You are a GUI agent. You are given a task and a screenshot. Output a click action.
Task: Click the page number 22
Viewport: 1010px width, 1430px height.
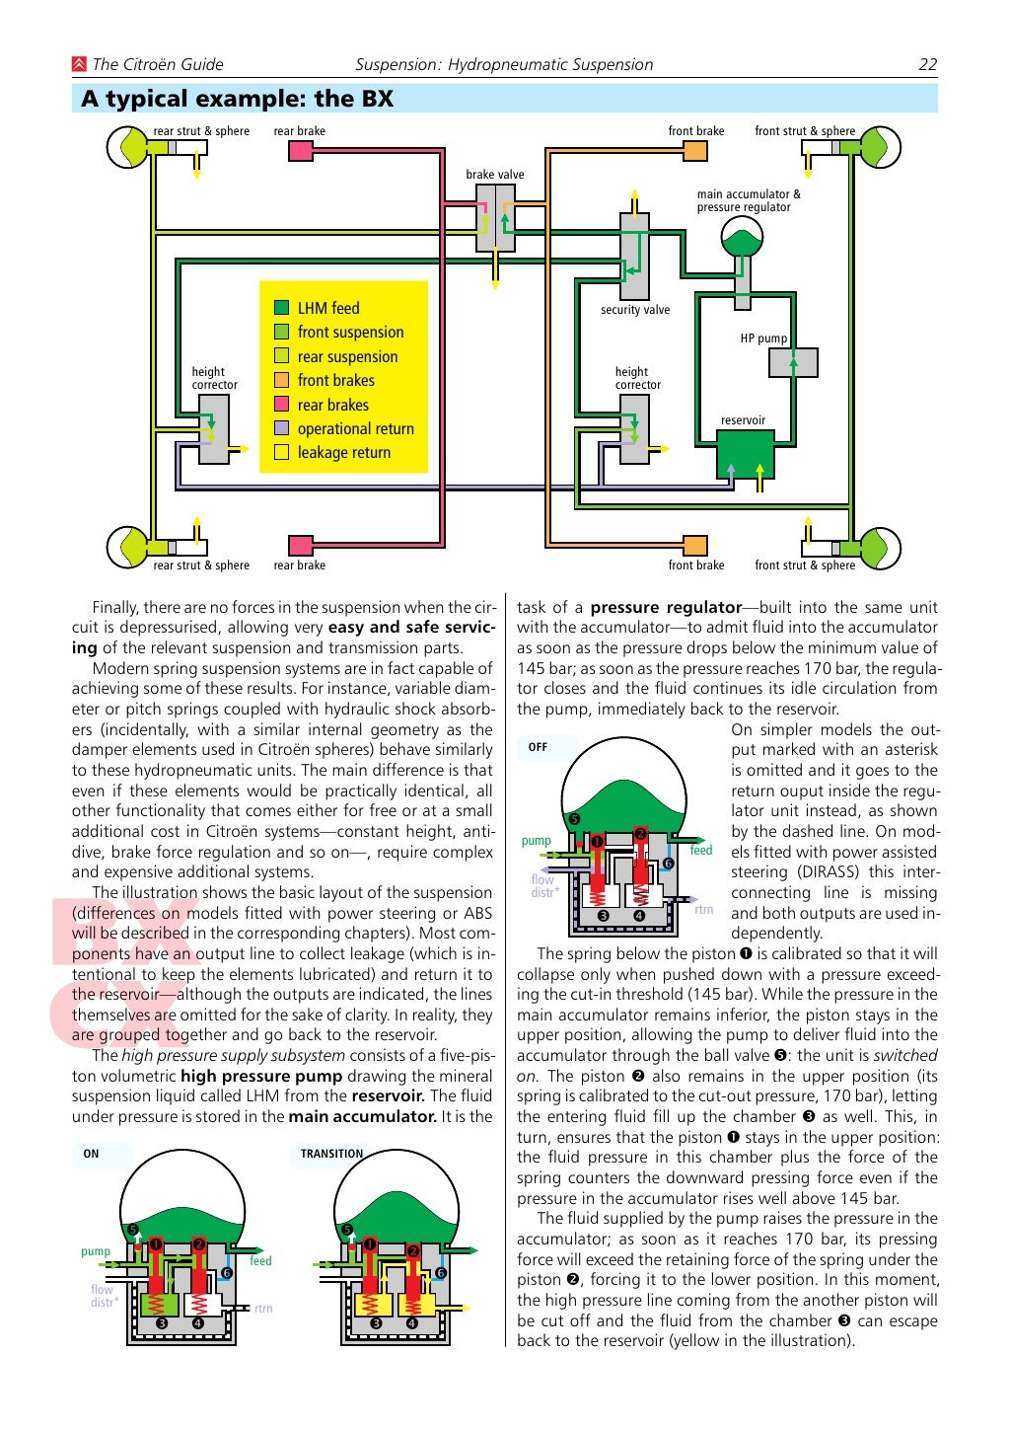point(927,65)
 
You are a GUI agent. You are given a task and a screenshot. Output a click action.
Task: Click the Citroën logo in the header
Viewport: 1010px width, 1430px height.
point(79,65)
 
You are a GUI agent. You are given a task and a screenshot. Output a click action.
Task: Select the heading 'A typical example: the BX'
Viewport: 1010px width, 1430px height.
point(238,99)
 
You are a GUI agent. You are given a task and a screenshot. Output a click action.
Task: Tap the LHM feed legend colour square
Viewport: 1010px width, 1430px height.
point(281,308)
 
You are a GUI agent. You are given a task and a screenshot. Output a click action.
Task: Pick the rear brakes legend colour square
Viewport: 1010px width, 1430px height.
point(281,405)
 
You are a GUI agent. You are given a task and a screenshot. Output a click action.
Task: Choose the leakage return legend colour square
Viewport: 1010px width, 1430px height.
point(281,453)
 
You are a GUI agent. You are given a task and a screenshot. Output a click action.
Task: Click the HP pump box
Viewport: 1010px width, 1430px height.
point(793,362)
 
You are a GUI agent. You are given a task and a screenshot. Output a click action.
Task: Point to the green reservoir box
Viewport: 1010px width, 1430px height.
point(744,455)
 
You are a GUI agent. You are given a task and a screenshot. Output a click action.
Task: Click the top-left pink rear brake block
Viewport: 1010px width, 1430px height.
point(301,151)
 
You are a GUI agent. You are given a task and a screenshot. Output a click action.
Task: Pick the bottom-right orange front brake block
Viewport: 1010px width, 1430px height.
point(695,546)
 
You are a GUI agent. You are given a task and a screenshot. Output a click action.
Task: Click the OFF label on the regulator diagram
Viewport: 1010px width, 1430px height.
point(538,747)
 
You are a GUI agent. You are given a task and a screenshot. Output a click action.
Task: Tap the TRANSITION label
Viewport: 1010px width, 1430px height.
point(331,1154)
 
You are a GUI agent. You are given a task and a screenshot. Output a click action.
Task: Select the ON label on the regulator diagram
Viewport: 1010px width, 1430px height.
point(91,1154)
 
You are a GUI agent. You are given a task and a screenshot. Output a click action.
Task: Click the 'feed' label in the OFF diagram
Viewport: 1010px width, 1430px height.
point(700,851)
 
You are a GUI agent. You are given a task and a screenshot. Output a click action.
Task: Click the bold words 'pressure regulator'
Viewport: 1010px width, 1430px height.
point(666,608)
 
